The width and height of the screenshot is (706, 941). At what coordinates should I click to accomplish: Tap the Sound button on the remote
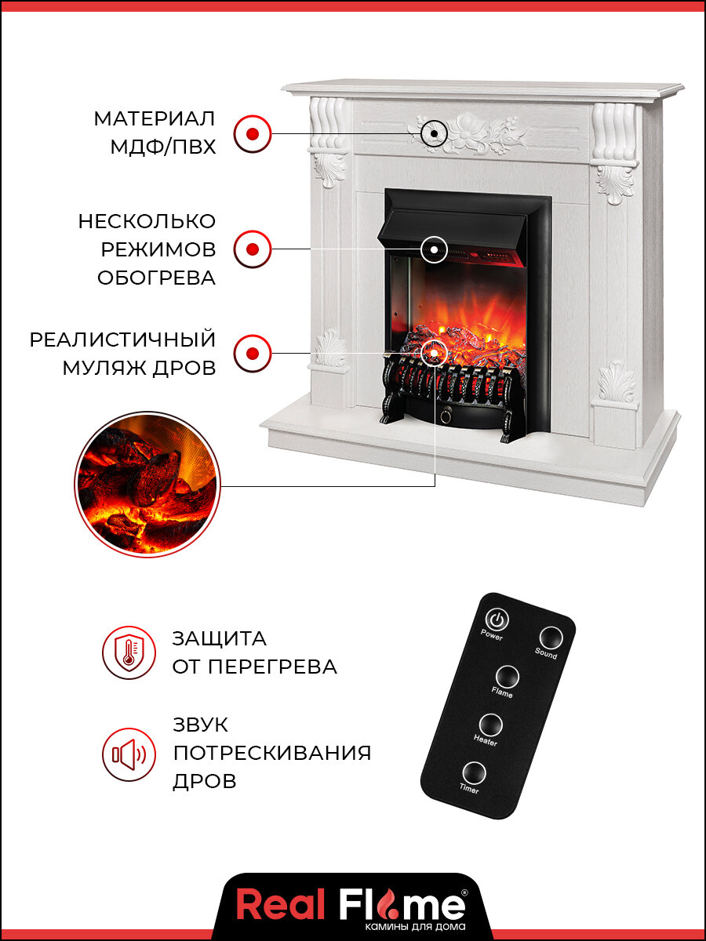tap(550, 637)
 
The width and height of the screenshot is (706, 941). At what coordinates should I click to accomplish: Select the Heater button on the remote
tap(491, 724)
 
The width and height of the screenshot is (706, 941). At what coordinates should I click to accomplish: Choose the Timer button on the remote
tap(474, 772)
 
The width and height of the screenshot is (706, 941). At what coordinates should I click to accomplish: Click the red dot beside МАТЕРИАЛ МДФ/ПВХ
tap(253, 133)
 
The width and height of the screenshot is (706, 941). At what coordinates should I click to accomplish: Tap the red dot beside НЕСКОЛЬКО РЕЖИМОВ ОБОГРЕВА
tap(253, 249)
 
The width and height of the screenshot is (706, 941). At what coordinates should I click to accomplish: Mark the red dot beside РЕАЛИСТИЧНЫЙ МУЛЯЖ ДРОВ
tap(253, 353)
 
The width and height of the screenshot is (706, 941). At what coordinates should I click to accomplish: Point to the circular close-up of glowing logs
tap(147, 484)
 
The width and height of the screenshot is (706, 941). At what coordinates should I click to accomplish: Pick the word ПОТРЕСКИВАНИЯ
tap(271, 753)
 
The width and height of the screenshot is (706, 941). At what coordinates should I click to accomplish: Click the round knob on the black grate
tap(448, 412)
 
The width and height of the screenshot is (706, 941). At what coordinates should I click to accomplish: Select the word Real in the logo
tap(280, 906)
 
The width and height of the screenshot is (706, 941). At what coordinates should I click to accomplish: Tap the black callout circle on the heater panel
tap(434, 250)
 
